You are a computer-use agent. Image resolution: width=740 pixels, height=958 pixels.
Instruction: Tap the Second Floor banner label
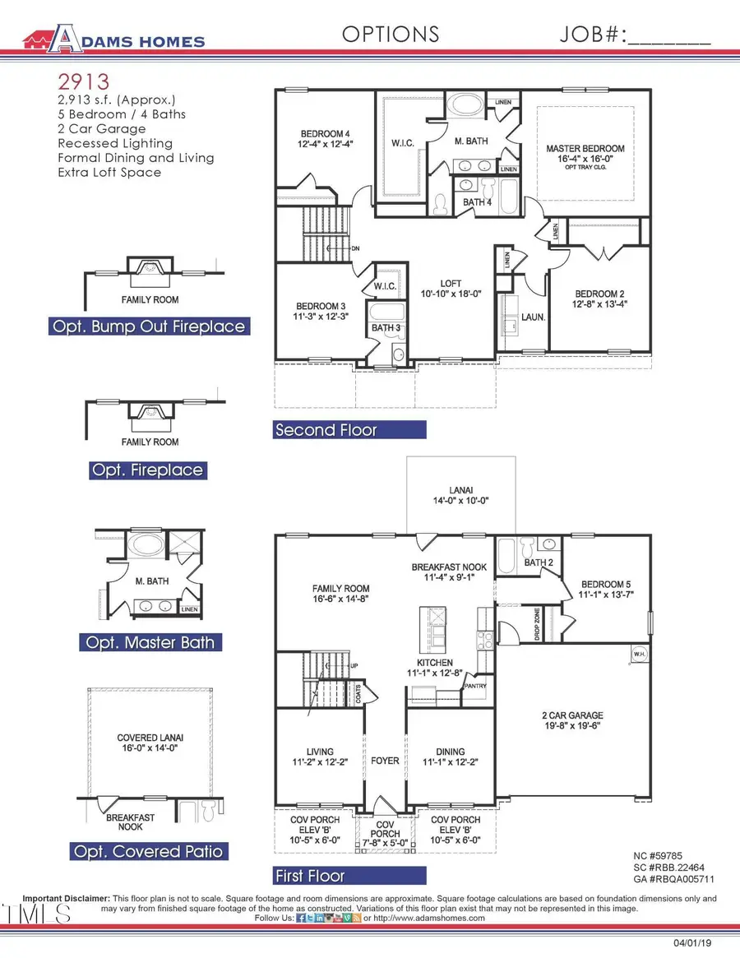(x=326, y=430)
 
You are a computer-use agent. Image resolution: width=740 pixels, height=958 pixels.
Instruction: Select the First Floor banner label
(x=309, y=876)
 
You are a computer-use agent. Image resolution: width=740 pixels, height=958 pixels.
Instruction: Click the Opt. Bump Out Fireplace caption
(x=149, y=326)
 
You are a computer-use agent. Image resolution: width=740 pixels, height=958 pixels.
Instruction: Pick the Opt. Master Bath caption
(x=150, y=642)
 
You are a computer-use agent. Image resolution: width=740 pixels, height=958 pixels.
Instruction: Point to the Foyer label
(x=386, y=761)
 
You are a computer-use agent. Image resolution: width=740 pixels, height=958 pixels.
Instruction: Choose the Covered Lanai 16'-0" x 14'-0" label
(x=150, y=743)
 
